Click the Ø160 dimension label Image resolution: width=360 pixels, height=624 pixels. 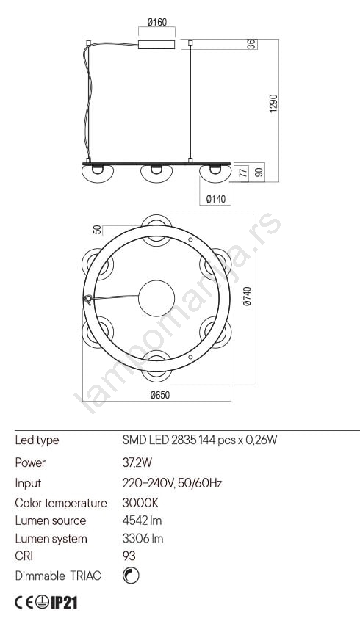[157, 22]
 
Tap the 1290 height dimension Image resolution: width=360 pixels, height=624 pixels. [273, 104]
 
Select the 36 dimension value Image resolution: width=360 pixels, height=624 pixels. [252, 44]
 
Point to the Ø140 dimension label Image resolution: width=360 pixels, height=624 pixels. [216, 199]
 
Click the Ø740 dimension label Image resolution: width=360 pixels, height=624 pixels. [248, 296]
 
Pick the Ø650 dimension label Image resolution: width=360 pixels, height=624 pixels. [159, 395]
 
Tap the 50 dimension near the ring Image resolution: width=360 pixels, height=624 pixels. [97, 230]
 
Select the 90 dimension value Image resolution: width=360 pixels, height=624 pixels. [259, 173]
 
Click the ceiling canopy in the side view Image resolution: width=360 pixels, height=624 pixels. [156, 44]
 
